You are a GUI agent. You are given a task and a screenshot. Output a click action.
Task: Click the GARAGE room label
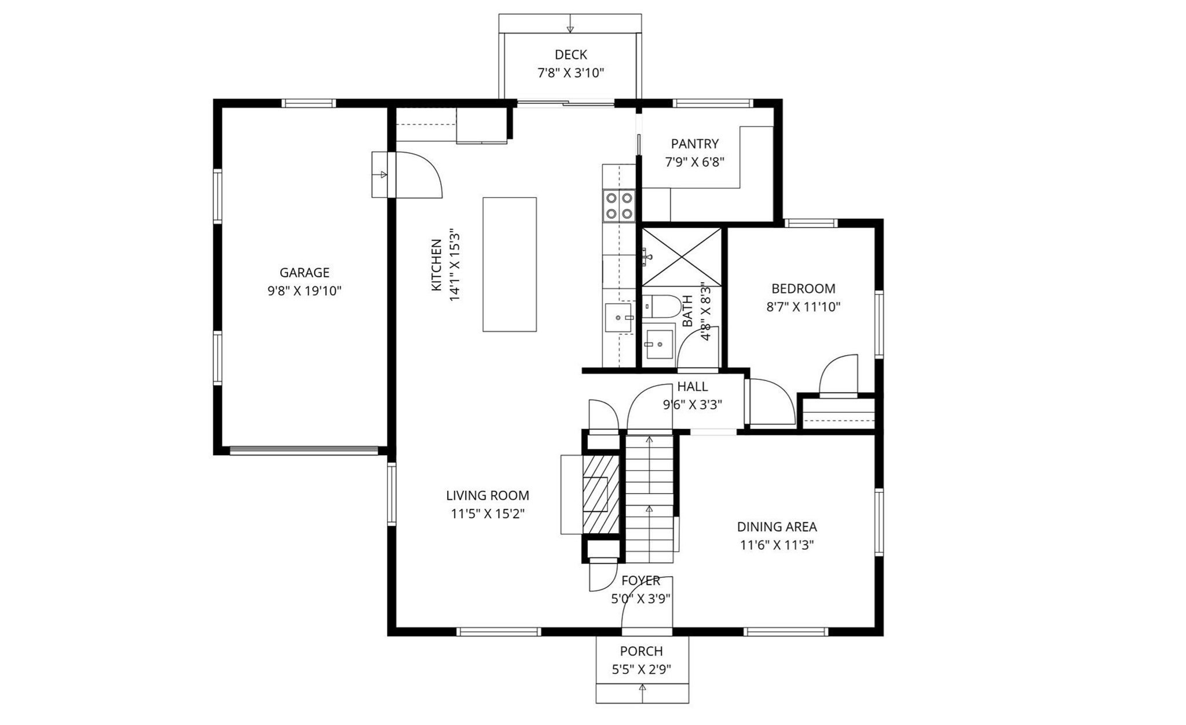pos(304,272)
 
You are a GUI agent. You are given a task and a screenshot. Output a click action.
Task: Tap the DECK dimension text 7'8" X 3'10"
pos(570,73)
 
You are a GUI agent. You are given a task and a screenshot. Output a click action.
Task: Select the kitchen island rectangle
pos(510,264)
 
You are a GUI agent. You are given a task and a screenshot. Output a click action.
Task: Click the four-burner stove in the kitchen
pos(618,206)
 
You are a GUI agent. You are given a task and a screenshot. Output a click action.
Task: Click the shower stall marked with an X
pos(682,257)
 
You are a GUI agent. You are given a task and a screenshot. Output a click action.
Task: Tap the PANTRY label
pos(694,144)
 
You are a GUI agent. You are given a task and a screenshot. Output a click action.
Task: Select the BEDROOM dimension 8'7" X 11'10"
pos(803,307)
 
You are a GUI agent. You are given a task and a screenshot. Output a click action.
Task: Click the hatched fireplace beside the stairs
pos(601,494)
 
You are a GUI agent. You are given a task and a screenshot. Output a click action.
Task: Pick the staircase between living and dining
pos(649,498)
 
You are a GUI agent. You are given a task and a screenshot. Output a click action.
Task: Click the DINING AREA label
pos(777,526)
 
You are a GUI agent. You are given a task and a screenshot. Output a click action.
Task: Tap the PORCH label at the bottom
pos(641,651)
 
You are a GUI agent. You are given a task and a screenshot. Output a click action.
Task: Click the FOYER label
pos(640,580)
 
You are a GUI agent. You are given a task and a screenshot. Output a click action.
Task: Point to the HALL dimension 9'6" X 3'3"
pos(692,405)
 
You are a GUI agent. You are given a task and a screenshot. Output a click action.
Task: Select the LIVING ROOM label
pos(487,495)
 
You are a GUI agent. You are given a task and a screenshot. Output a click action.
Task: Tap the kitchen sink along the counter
pos(618,317)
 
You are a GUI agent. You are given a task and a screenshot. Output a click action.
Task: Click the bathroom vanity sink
pos(659,345)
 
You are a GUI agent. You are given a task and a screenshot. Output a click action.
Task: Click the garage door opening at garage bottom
pos(304,450)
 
